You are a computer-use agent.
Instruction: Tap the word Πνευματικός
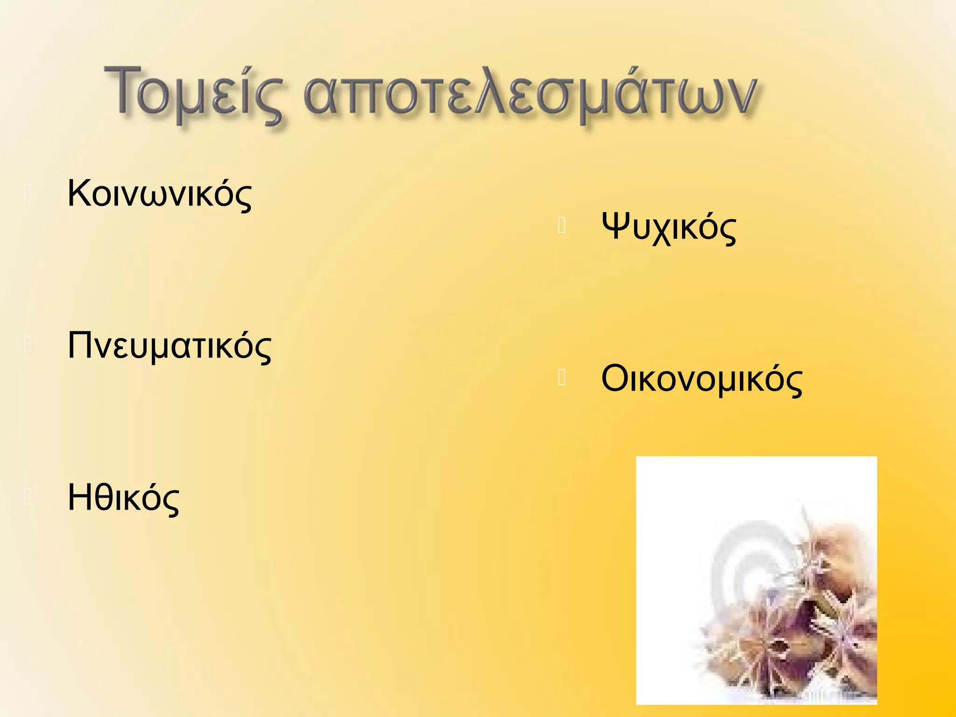(x=169, y=346)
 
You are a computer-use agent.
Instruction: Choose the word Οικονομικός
(x=702, y=379)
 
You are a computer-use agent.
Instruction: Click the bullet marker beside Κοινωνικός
(x=28, y=192)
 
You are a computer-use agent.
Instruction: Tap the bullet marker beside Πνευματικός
(x=28, y=344)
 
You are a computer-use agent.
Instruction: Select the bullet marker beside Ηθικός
(x=28, y=497)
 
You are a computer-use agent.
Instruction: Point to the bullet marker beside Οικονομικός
(x=562, y=378)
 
